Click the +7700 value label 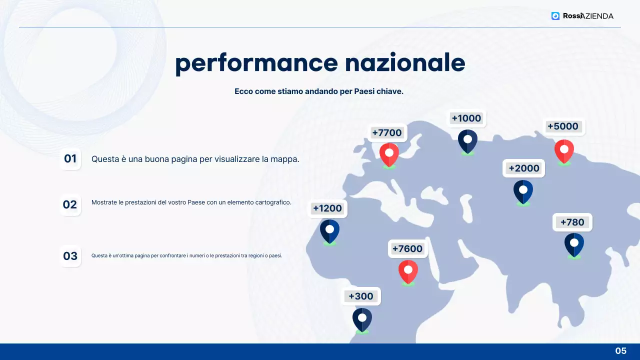coord(387,132)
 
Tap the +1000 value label coord(466,118)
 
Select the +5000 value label coord(563,126)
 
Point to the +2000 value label coord(523,168)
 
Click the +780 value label coord(572,222)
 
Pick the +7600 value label coord(407,249)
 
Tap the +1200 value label coord(327,208)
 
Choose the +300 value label coord(361,296)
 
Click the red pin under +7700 coord(389,153)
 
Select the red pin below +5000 coord(564,150)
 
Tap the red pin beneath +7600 coord(408,271)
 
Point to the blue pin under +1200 coord(329,230)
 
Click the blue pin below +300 coord(362,319)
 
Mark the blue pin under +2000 coord(523,191)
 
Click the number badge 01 coord(70,159)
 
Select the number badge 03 coord(70,256)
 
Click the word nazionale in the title coord(405,63)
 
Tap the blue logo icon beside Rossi coord(555,16)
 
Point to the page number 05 coord(620,351)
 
